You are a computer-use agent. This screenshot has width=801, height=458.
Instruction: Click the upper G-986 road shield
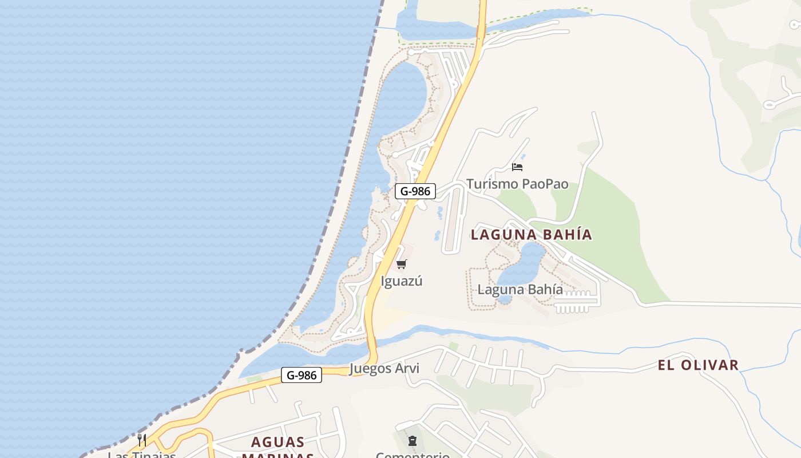point(415,191)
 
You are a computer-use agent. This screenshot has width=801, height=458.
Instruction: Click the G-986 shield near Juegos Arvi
point(302,376)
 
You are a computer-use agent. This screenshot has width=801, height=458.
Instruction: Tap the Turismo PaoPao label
point(517,184)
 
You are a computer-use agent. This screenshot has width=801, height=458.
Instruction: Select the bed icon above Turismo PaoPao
point(517,167)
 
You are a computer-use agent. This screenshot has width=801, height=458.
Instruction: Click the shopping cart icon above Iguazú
point(402,264)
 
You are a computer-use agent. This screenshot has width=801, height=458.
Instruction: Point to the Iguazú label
point(402,281)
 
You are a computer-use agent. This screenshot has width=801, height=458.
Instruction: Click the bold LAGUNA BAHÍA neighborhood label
point(531,234)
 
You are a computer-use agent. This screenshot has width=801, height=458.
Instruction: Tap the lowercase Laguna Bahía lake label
point(520,290)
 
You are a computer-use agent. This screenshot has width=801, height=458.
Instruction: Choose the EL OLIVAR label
point(698,365)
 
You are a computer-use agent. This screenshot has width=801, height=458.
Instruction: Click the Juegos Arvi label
point(384,369)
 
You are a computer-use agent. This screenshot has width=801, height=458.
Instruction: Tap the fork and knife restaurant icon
point(142,440)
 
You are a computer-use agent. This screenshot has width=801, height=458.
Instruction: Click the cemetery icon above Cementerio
point(413,441)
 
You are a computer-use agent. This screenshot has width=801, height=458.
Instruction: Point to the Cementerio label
point(413,455)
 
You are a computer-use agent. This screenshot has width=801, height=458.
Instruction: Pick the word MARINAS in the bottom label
point(278,456)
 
